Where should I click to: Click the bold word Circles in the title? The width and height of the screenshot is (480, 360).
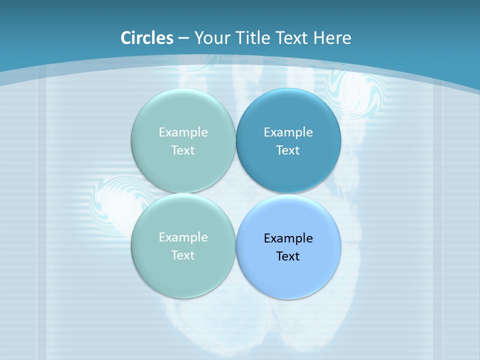pyautogui.click(x=146, y=38)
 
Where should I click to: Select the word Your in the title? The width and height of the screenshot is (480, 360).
pyautogui.click(x=210, y=38)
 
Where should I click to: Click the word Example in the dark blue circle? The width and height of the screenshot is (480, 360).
pyautogui.click(x=288, y=132)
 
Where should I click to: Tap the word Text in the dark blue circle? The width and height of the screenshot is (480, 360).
pyautogui.click(x=288, y=150)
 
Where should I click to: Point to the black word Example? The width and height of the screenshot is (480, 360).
pyautogui.click(x=288, y=238)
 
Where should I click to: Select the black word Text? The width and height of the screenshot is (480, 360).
pyautogui.click(x=288, y=256)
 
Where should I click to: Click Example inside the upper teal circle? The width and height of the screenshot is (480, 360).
pyautogui.click(x=183, y=132)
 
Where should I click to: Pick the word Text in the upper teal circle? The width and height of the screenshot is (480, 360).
pyautogui.click(x=183, y=150)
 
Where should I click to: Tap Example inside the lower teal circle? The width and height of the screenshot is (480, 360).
pyautogui.click(x=183, y=237)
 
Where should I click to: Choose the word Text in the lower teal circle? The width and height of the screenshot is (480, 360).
pyautogui.click(x=183, y=255)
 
